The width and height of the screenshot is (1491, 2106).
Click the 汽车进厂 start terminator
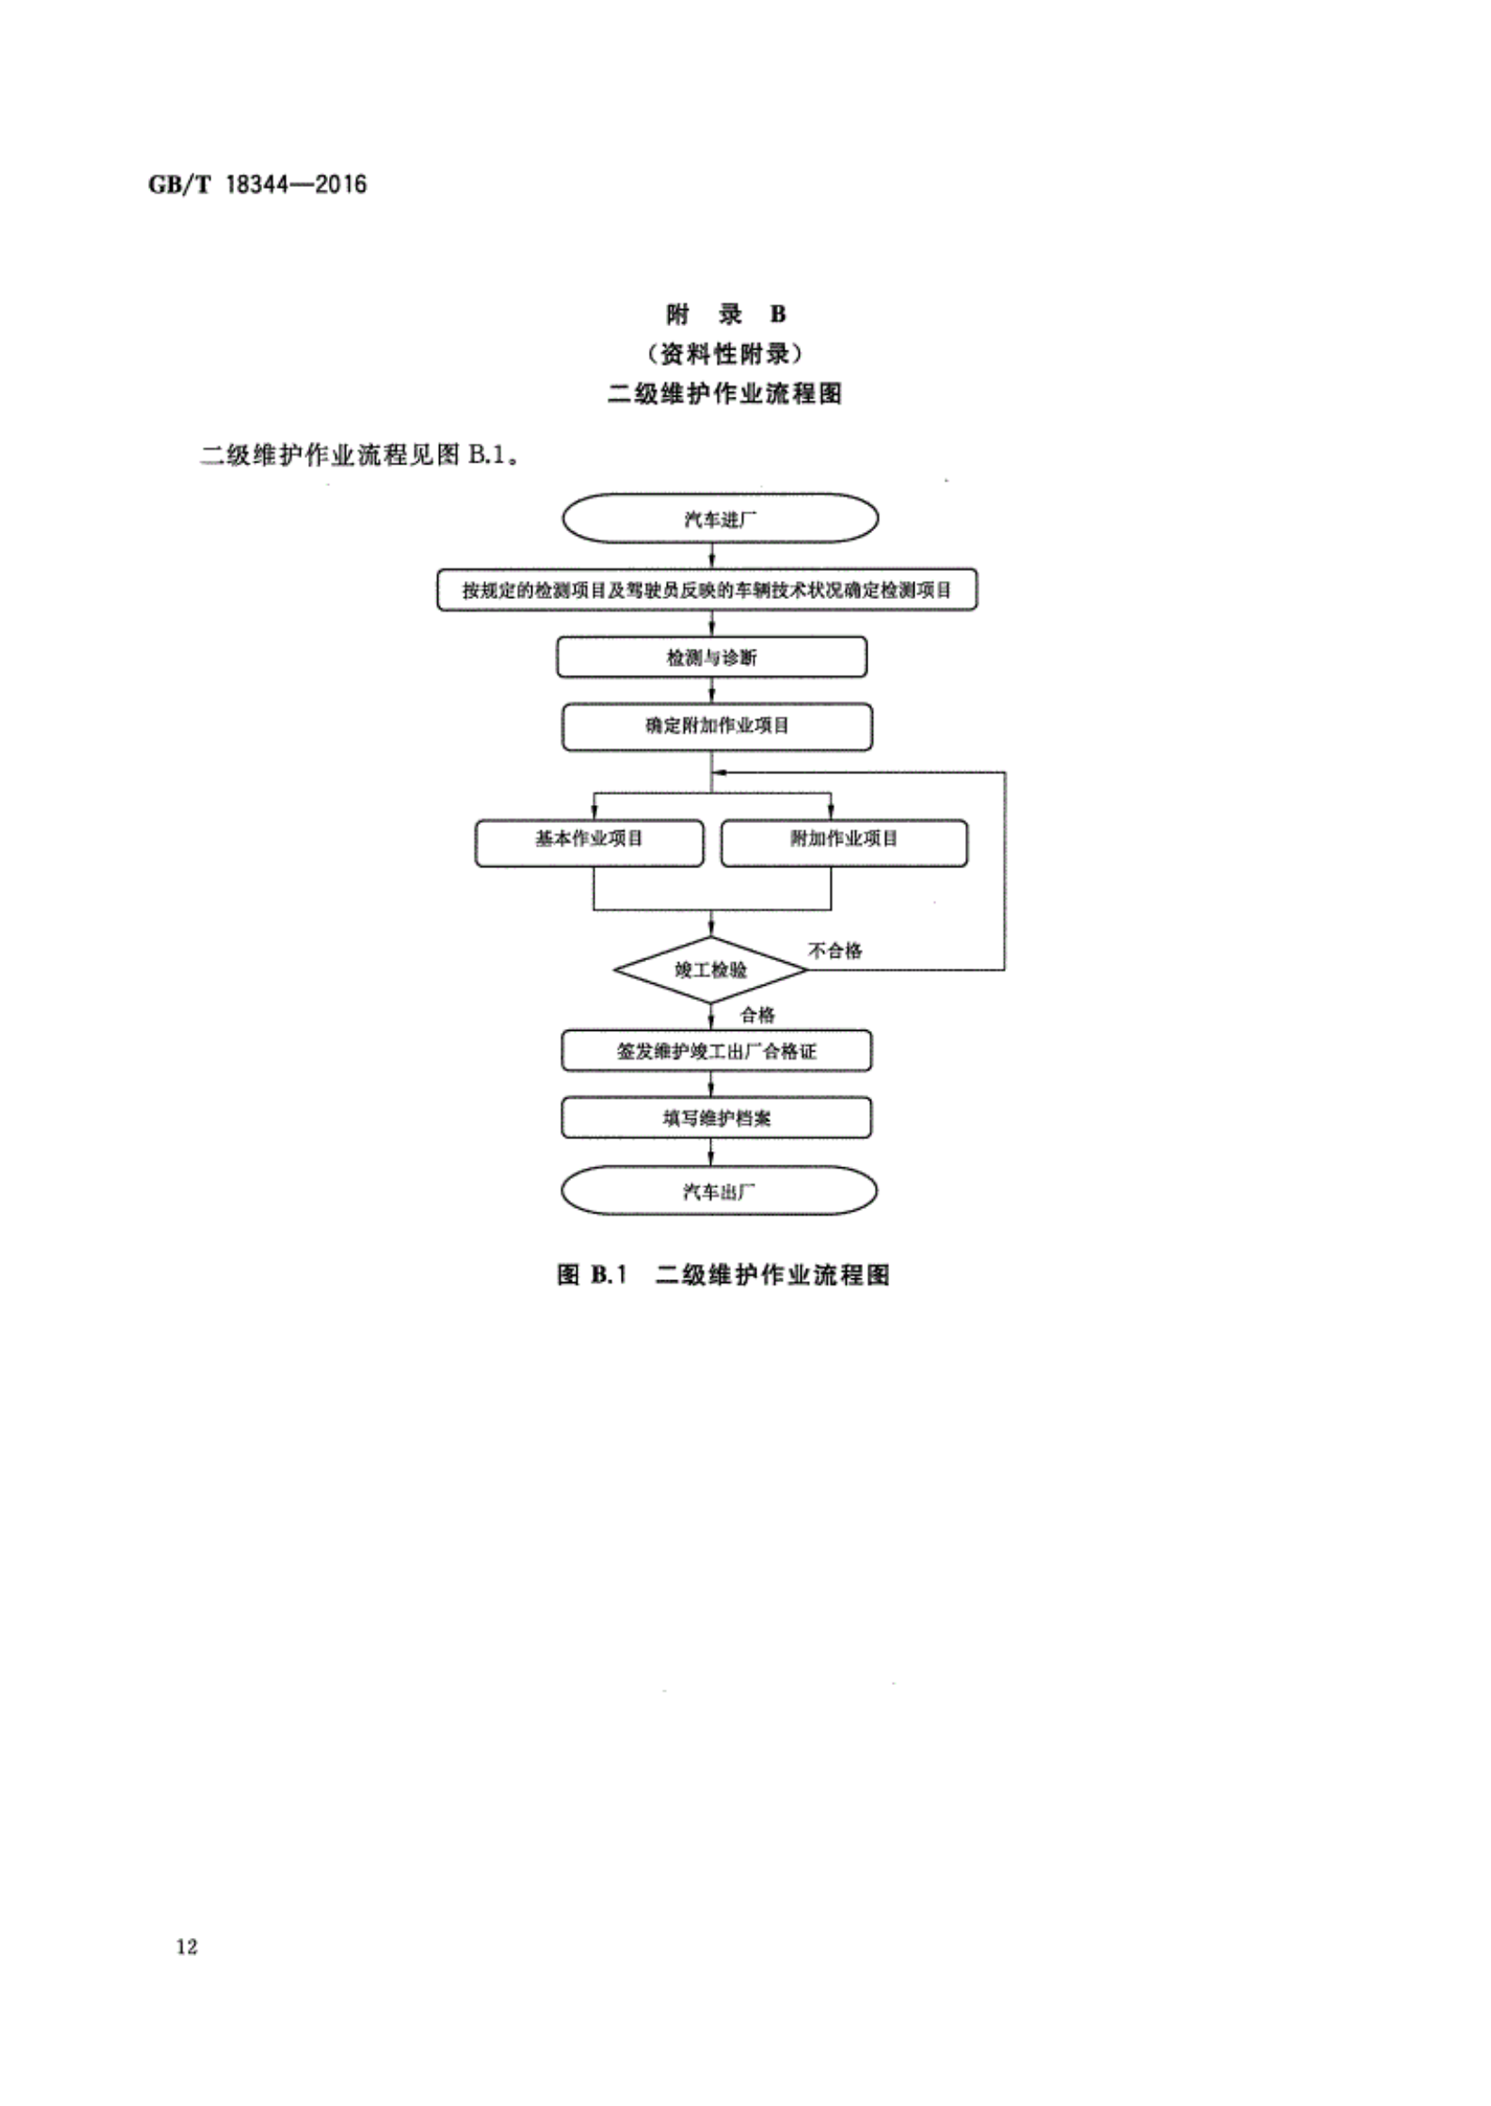pos(720,519)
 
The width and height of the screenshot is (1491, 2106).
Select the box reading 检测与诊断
pos(711,658)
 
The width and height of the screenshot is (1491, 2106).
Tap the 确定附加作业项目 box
pos(717,726)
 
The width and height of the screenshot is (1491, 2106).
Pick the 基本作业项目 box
pos(589,843)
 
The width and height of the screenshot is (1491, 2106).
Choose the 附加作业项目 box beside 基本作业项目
pos(844,843)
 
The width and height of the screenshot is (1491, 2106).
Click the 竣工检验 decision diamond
pos(710,969)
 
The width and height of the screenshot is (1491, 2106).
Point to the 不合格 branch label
pos(836,951)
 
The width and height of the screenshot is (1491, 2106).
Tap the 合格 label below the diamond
pos(758,1015)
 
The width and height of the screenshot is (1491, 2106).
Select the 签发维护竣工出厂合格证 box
pos(716,1051)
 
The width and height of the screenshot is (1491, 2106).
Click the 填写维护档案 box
pos(716,1119)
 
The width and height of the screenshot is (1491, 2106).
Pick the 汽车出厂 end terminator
pos(719,1192)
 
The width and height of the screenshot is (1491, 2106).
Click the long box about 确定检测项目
pos(707,589)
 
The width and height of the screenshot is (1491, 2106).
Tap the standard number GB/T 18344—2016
pos(257,184)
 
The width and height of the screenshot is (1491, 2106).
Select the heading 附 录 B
pos(726,315)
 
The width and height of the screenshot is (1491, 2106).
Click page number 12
pos(186,1947)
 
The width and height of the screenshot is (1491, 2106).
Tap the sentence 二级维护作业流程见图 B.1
pos(361,455)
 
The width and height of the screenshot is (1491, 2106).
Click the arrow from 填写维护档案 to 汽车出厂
pos(711,1153)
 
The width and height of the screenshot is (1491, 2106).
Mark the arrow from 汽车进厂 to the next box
pos(712,557)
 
